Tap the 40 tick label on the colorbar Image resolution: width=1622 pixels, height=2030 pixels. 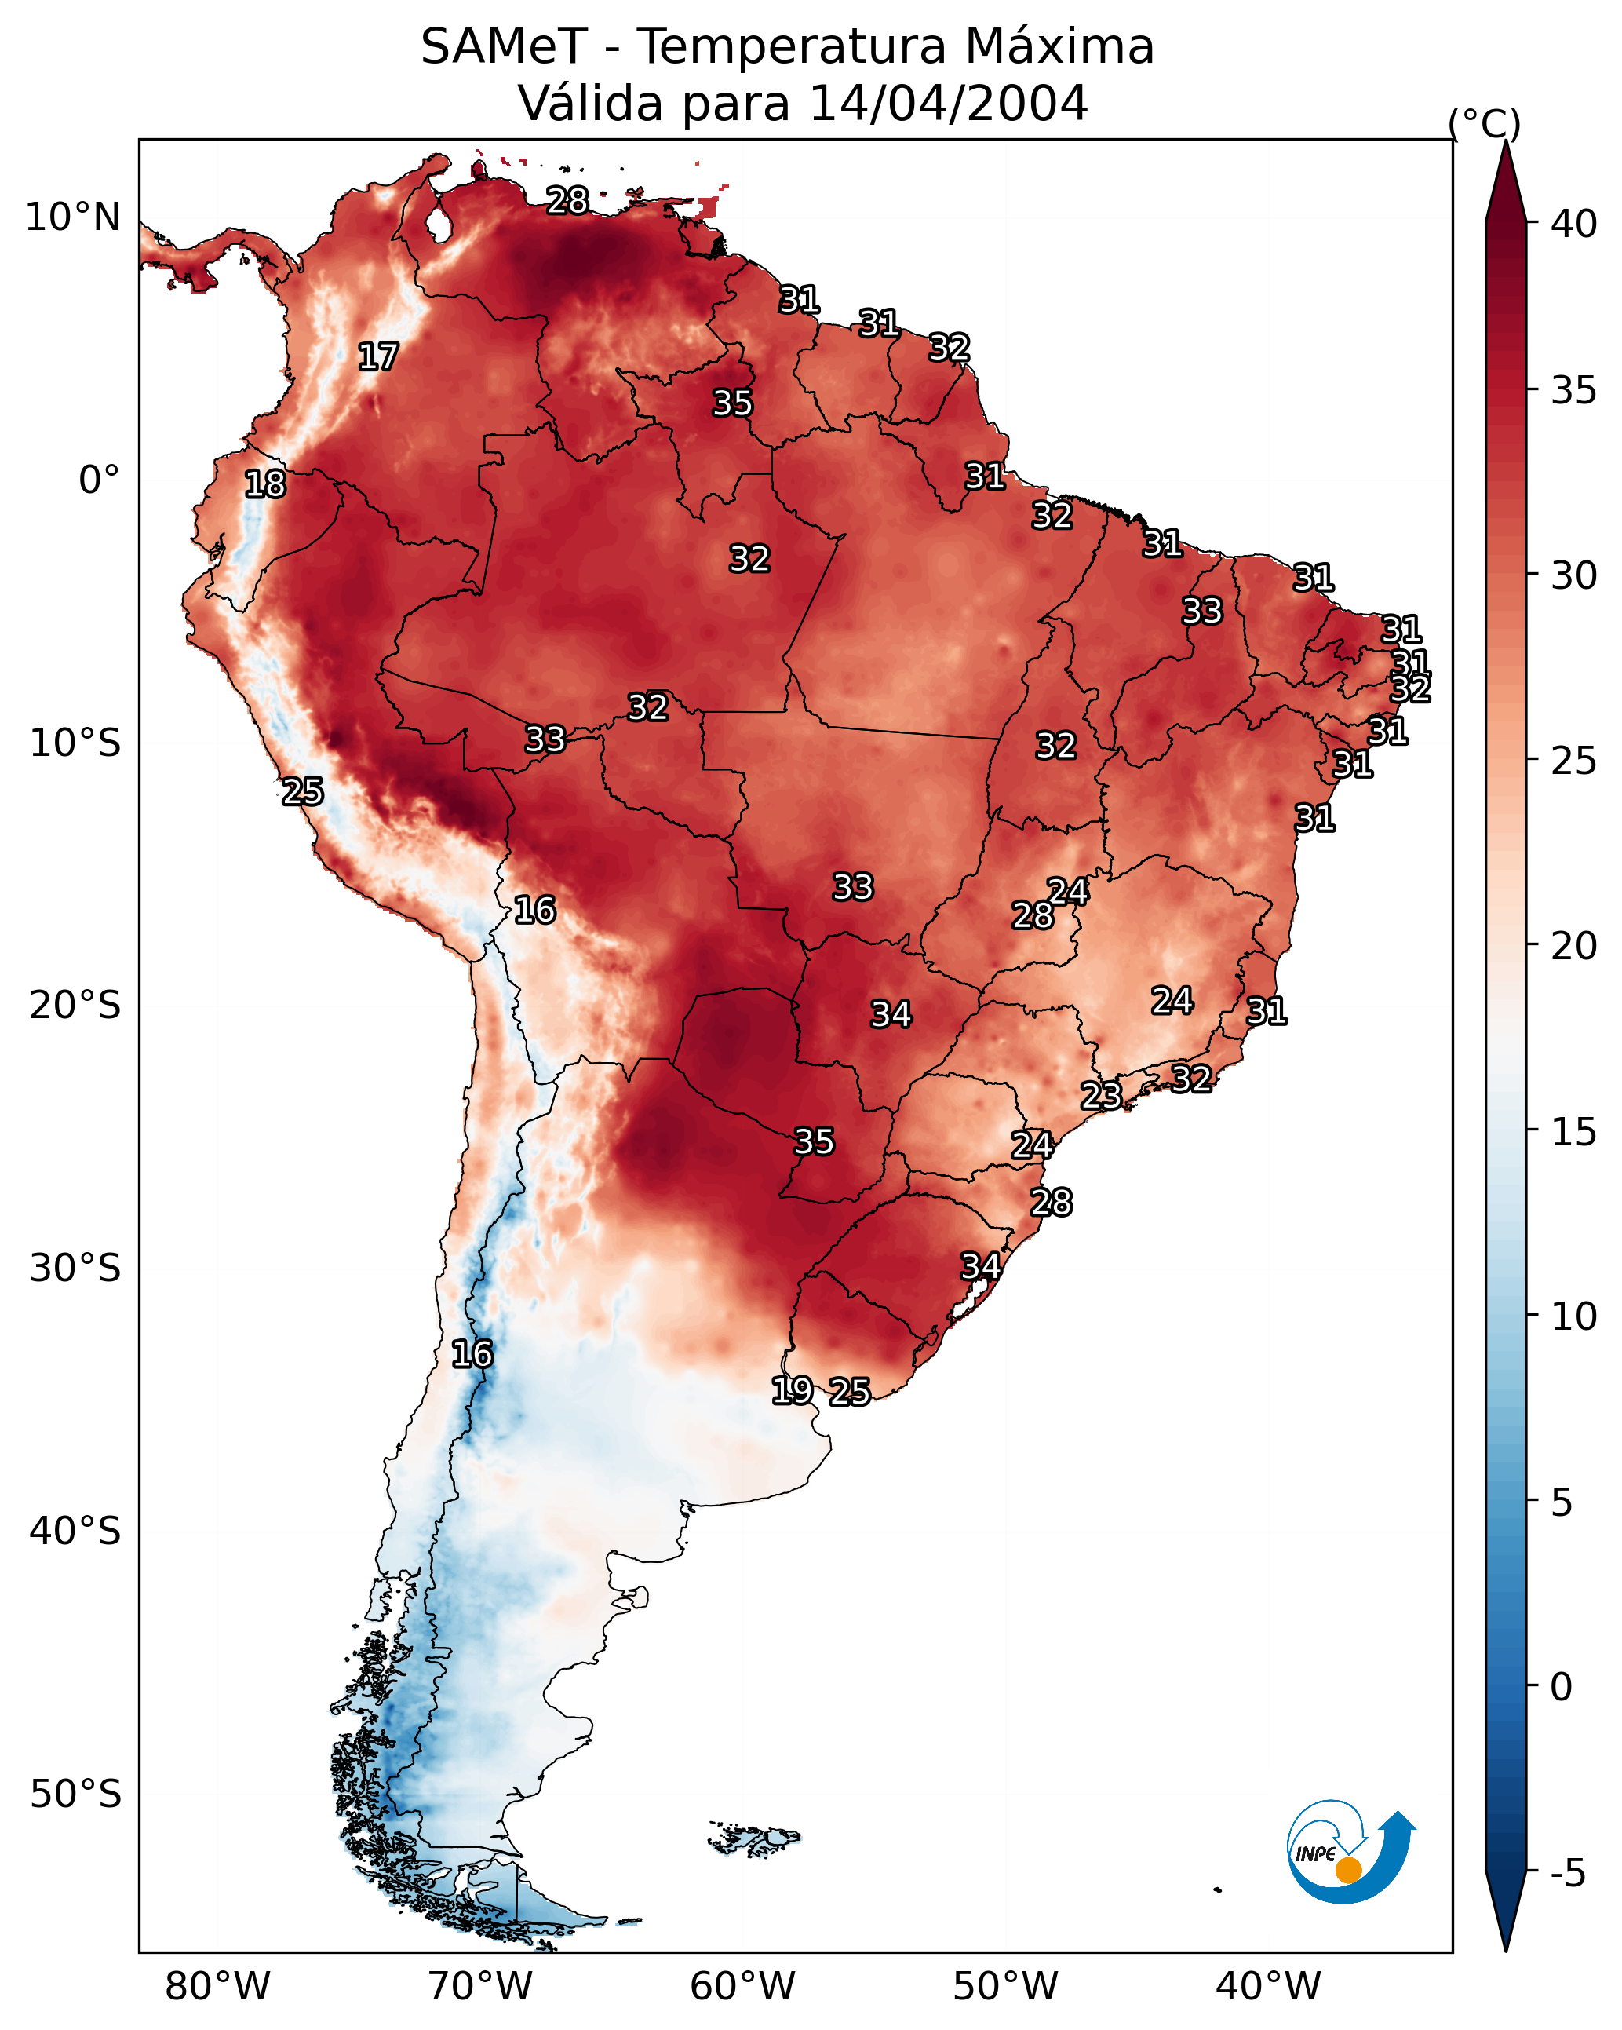pos(1574,223)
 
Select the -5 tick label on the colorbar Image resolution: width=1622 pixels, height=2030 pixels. pos(1569,1873)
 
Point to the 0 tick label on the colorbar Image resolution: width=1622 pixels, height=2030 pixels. pos(1562,1687)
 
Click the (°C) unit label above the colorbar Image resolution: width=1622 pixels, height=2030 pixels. pos(1485,123)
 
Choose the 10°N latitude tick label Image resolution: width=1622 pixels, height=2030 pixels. pos(72,217)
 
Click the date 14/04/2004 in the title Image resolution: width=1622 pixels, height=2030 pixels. pos(948,103)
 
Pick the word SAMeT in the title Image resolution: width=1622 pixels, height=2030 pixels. pos(505,46)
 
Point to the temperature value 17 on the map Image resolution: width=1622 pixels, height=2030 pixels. pos(378,357)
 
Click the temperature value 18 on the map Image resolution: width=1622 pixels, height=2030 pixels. pos(265,484)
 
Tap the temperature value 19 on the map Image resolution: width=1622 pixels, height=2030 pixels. pos(793,1391)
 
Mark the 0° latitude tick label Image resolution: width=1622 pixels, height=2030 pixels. pos(100,480)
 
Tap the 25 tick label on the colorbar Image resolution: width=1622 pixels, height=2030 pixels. pos(1574,760)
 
